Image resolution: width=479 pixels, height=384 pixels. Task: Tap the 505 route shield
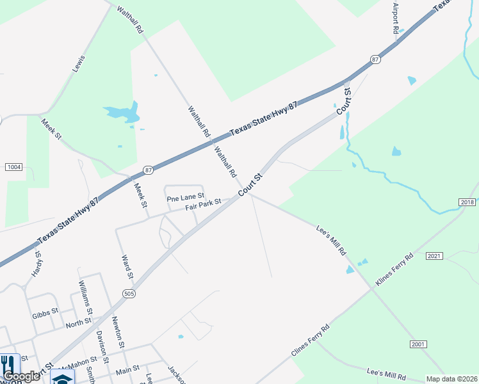128,293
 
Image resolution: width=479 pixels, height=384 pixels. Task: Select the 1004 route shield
13,167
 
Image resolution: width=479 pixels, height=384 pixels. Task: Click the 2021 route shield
434,256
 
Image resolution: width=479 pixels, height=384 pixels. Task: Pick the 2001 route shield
418,344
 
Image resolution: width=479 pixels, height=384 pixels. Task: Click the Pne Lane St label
185,198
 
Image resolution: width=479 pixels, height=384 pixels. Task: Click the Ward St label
127,267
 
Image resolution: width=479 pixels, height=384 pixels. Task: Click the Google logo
21,376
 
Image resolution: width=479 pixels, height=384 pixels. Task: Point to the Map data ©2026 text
451,379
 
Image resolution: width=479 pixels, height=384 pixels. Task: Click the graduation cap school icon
63,378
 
